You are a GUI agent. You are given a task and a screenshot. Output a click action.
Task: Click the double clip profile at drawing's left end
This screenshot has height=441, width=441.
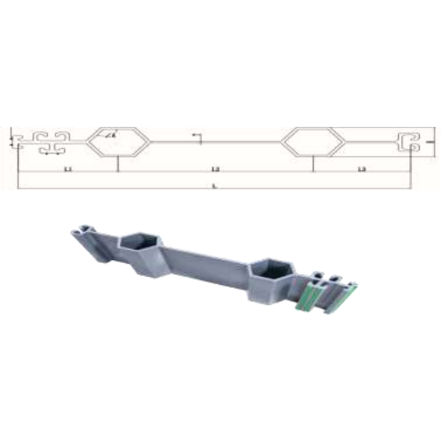[49, 140]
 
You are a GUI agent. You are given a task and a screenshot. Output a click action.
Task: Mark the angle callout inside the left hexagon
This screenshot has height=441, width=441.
[110, 135]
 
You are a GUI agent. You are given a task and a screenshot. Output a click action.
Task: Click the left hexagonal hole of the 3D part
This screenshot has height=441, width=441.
[140, 242]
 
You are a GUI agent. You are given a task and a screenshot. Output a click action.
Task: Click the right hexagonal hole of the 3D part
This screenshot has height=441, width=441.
[269, 268]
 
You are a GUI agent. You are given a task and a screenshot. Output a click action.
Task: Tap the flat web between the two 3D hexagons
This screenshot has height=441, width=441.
[207, 261]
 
